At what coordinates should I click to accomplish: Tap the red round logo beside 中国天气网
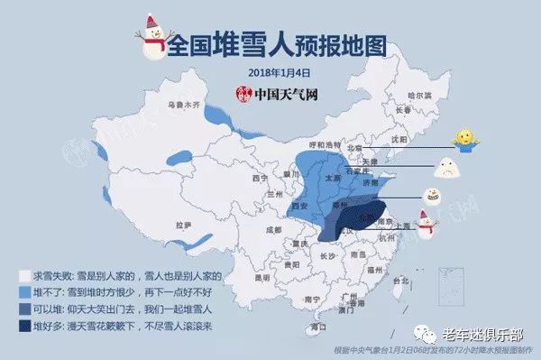(x=242, y=94)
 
